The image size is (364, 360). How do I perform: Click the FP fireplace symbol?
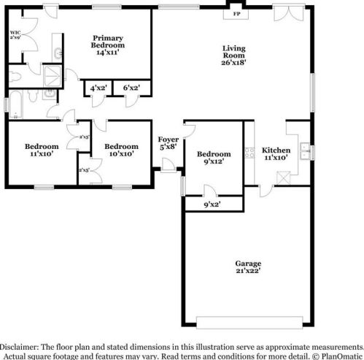(235, 13)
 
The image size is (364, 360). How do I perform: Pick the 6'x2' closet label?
(132, 88)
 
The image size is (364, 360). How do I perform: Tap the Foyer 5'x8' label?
(169, 143)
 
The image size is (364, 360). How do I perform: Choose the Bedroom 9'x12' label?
(214, 158)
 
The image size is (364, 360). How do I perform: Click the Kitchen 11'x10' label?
(276, 153)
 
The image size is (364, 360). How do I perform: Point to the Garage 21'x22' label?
(247, 267)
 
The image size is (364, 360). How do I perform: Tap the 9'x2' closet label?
(211, 204)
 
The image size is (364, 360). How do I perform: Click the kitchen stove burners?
(248, 153)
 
